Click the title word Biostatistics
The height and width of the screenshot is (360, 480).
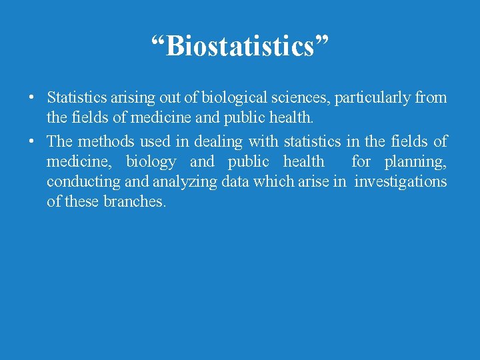pos(239,46)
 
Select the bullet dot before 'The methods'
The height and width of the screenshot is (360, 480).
pos(31,142)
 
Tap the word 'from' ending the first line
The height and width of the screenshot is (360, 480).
pos(431,98)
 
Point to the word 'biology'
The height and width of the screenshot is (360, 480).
pos(151,162)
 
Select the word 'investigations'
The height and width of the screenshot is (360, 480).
pos(401,182)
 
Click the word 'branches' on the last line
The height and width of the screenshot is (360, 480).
pos(134,201)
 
